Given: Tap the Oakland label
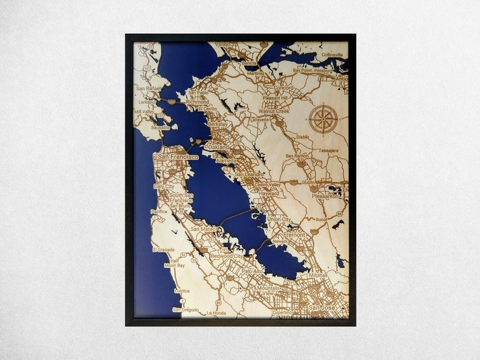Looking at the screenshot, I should (218, 147).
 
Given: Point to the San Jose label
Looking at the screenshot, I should (321, 308).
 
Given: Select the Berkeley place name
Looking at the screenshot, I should (217, 124).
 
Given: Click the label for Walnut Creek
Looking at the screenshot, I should (274, 111).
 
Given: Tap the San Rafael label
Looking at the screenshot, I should (149, 89).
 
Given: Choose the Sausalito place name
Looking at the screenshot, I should (160, 128).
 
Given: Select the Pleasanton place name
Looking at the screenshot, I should (325, 196).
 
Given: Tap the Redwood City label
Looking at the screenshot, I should (227, 256).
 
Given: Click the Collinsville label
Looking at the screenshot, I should (332, 55).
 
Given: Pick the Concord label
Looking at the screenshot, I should (283, 88).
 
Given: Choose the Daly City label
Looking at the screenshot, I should (163, 187).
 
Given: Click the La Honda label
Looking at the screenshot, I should (216, 313).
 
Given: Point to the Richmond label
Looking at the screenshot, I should (198, 102).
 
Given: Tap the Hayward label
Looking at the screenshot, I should (268, 193).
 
